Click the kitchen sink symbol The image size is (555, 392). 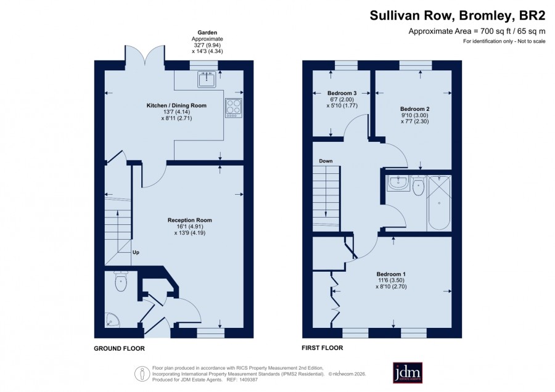pyautogui.click(x=207, y=79)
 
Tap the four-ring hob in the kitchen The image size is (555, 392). pyautogui.click(x=234, y=108)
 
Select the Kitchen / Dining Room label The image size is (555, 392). pyautogui.click(x=176, y=105)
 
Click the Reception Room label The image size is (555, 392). pyautogui.click(x=190, y=220)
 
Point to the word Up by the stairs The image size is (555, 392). pyautogui.click(x=136, y=252)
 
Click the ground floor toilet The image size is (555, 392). pyautogui.click(x=121, y=281)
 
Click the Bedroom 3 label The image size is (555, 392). pyautogui.click(x=342, y=94)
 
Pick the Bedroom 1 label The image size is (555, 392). pyautogui.click(x=391, y=274)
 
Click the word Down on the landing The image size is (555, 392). pyautogui.click(x=326, y=161)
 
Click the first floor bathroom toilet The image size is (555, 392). pyautogui.click(x=418, y=186)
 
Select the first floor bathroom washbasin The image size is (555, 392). pyautogui.click(x=398, y=183)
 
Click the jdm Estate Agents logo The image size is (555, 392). pyautogui.click(x=408, y=372)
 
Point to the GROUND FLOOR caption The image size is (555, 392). pyautogui.click(x=119, y=348)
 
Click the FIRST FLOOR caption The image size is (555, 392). pyautogui.click(x=322, y=348)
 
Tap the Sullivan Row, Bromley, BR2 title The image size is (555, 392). pyautogui.click(x=458, y=15)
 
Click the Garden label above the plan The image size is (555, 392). pyautogui.click(x=207, y=33)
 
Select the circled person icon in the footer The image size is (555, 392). pyautogui.click(x=142, y=374)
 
